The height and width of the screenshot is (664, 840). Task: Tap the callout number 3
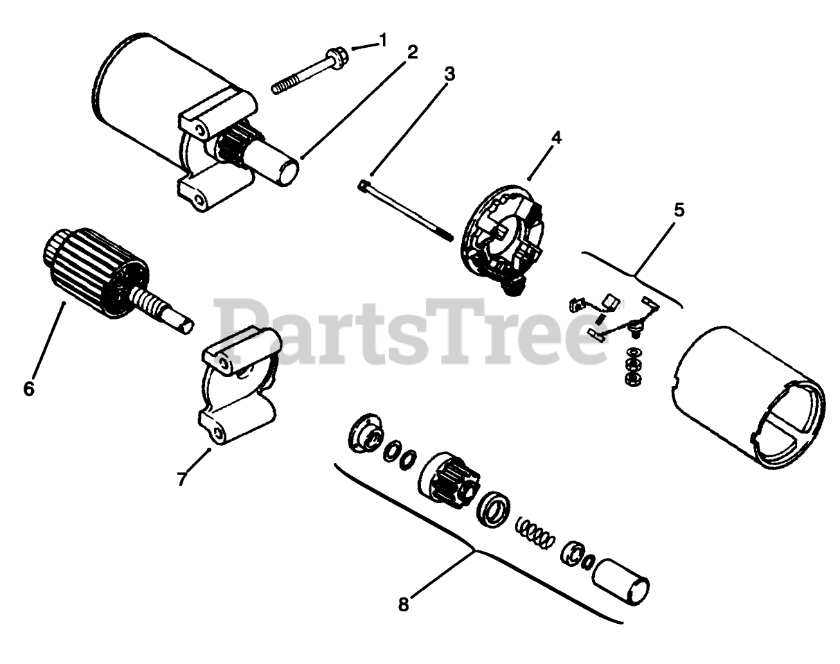449,74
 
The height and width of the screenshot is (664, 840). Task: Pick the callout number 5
679,210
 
